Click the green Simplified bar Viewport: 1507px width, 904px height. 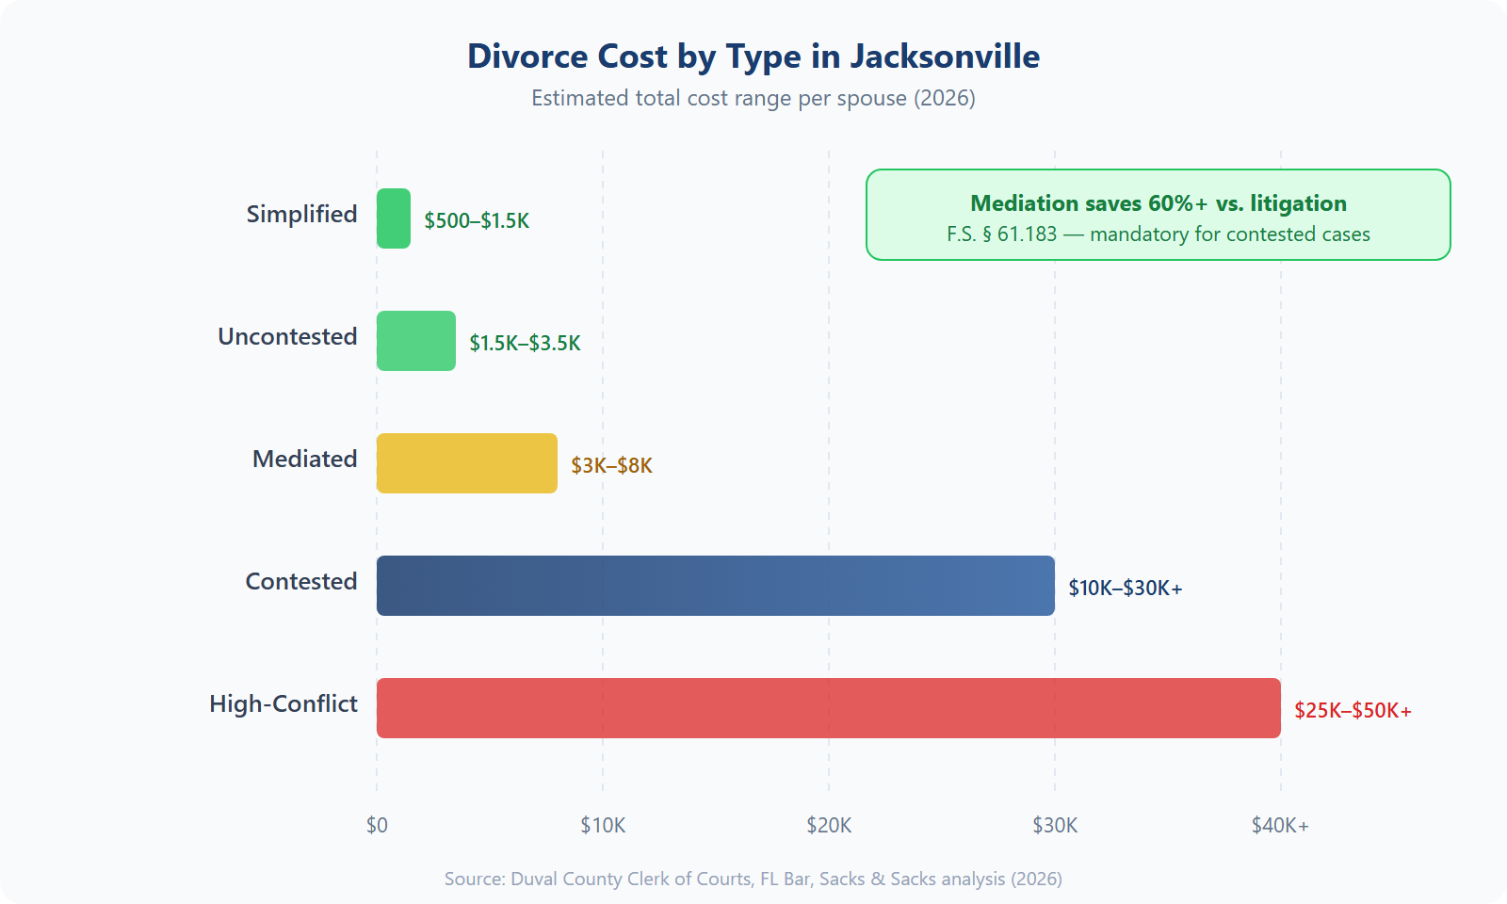point(394,218)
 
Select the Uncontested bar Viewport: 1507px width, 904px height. point(416,341)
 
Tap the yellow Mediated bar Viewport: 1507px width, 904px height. point(467,463)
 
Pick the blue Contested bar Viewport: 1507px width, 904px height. point(716,586)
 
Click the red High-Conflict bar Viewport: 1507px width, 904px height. point(829,708)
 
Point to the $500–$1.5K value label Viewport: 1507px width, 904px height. point(477,220)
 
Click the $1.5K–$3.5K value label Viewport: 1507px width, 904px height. point(525,343)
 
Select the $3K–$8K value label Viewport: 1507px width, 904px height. point(611,465)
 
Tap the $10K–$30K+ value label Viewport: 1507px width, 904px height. point(1125,588)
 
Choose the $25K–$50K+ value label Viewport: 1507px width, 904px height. point(1353,710)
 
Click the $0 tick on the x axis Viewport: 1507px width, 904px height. point(377,826)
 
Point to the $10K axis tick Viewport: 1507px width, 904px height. point(603,826)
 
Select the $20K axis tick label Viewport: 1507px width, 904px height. point(829,826)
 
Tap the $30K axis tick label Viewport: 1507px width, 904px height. point(1055,826)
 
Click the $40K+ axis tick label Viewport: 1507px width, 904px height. point(1280,826)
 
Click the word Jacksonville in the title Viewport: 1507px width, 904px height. point(945,56)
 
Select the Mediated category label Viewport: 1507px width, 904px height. point(304,459)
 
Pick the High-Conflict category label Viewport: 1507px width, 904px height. point(283,703)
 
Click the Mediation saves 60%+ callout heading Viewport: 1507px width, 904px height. point(1159,203)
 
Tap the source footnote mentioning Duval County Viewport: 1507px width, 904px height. point(753,879)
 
